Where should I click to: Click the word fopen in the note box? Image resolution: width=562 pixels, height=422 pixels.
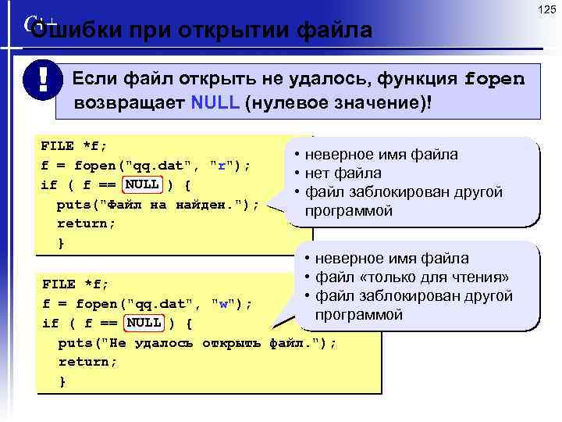tap(494, 80)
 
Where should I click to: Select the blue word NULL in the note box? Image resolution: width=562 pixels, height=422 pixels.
tap(215, 105)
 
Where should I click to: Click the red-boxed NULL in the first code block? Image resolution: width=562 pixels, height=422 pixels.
tap(143, 185)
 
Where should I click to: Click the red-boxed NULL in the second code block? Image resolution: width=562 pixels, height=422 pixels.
tap(144, 323)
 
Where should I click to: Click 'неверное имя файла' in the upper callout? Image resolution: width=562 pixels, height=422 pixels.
tap(381, 154)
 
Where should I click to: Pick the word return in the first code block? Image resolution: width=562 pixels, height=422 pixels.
tap(86, 224)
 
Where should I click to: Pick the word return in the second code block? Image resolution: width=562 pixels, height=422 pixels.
tap(87, 362)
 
